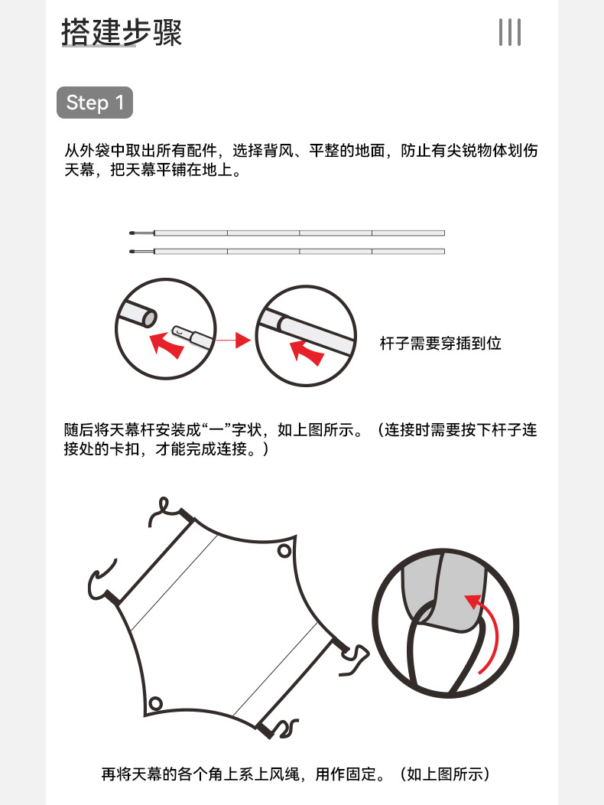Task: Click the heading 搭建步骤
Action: (x=122, y=32)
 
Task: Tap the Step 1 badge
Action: (x=95, y=103)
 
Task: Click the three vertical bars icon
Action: (x=509, y=32)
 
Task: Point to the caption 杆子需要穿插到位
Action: (x=440, y=343)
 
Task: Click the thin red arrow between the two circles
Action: (x=233, y=340)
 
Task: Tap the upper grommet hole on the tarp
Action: (x=284, y=551)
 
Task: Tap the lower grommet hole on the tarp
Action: (x=155, y=703)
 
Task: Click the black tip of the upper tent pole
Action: (x=132, y=233)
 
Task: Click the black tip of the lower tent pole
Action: (x=132, y=252)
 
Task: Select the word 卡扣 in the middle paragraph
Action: (x=125, y=448)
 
